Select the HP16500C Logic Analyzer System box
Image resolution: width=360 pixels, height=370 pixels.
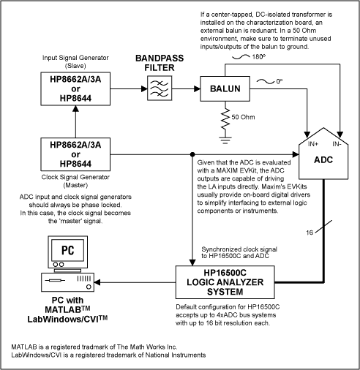(228, 280)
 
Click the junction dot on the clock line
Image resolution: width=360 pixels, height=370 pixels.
(192, 154)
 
